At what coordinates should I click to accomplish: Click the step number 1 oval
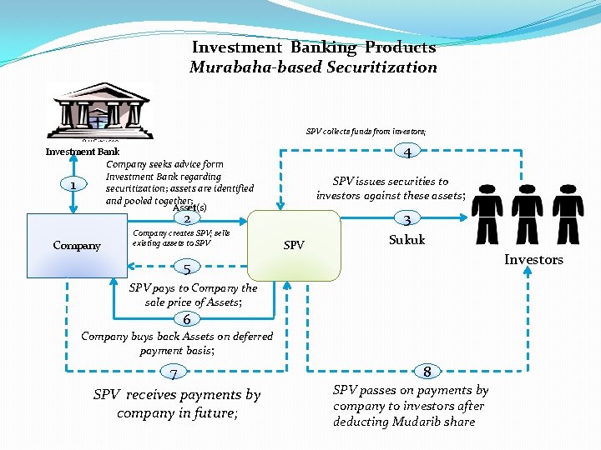[74, 186]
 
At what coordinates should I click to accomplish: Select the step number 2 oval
[188, 219]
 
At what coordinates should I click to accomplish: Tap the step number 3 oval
[407, 220]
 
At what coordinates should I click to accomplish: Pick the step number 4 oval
[407, 152]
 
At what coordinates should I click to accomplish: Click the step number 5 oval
[188, 268]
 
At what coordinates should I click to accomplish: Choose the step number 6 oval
[188, 319]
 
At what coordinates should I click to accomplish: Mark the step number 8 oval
[427, 372]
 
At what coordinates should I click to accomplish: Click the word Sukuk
[407, 240]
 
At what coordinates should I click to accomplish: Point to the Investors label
[533, 259]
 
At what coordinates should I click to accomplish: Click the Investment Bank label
[82, 152]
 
